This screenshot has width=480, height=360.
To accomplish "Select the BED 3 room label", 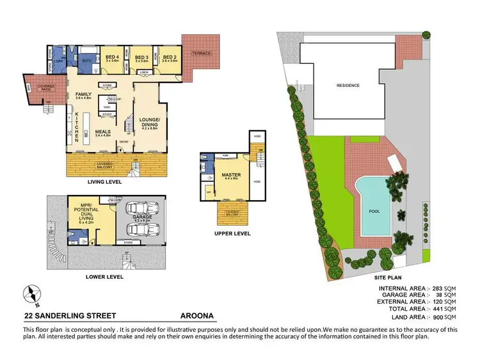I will (x=141, y=58).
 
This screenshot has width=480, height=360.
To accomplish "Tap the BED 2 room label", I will (x=169, y=58).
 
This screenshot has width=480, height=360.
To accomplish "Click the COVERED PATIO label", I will (x=45, y=87).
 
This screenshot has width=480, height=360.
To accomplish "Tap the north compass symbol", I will (x=31, y=294).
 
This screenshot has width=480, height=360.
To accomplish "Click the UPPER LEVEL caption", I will (x=232, y=234).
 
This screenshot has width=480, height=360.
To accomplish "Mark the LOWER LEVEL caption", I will (x=104, y=278).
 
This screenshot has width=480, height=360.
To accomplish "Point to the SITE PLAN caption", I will (x=388, y=279).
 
